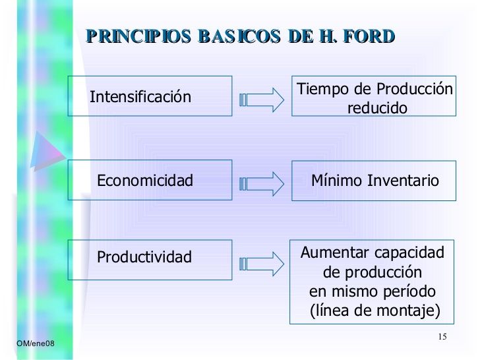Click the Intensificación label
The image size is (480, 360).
140,98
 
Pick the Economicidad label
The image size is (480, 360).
145,181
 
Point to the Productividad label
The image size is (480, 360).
144,257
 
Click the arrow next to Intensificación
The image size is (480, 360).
261,100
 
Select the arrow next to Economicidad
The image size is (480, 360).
261,183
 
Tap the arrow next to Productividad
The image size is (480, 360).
261,263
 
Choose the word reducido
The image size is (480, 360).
378,108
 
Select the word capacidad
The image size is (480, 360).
409,253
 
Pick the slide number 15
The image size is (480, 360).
442,338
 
